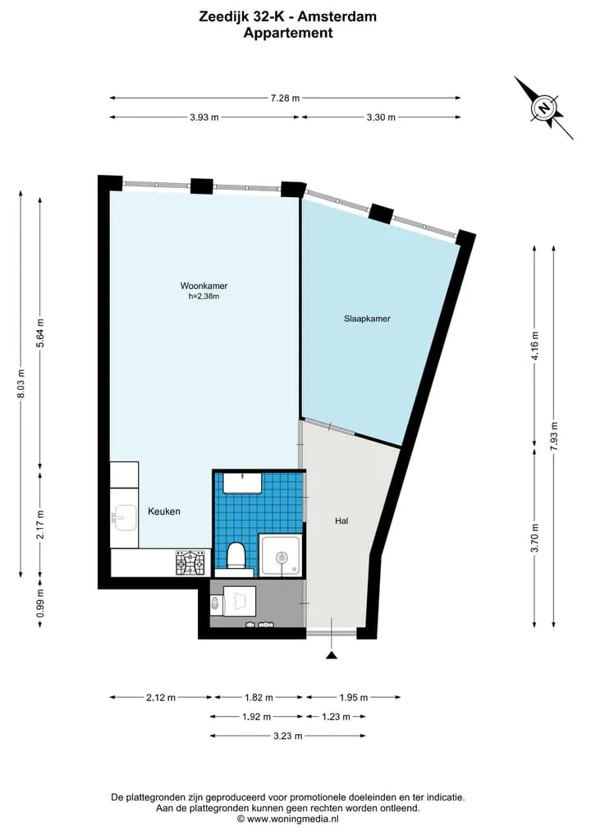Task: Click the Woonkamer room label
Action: click(x=204, y=286)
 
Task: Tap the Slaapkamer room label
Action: click(x=367, y=319)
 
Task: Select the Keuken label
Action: click(x=164, y=512)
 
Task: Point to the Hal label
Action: click(x=341, y=521)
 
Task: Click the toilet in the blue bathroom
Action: click(x=236, y=555)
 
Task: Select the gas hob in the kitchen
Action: click(x=190, y=562)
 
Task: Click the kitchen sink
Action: click(x=124, y=518)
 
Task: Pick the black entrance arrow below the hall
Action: click(x=332, y=655)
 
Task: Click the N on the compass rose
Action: click(x=543, y=108)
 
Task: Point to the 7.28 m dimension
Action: click(x=285, y=98)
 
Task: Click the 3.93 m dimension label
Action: click(x=204, y=117)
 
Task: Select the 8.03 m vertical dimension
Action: click(x=21, y=383)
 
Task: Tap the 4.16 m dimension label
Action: click(x=535, y=346)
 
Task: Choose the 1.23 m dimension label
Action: click(x=336, y=717)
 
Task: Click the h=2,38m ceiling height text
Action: click(x=204, y=296)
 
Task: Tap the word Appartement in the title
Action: click(x=288, y=33)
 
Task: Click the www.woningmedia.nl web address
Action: click(x=291, y=819)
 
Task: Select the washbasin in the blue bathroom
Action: click(x=242, y=483)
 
